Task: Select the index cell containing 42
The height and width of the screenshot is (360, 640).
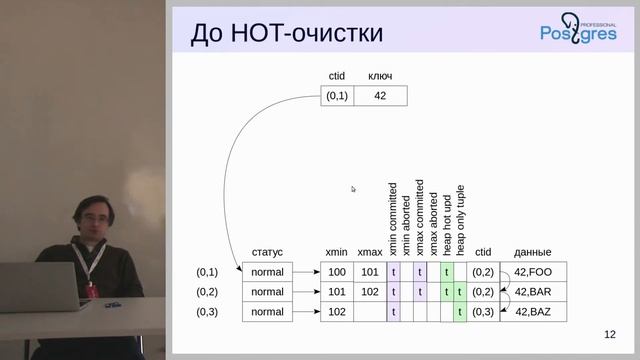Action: [379, 97]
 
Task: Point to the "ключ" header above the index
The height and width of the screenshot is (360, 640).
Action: [380, 76]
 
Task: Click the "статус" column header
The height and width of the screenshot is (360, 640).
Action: [267, 253]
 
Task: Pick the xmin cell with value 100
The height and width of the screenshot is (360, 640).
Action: [336, 272]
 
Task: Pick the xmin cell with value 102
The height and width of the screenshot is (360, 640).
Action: [336, 312]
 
